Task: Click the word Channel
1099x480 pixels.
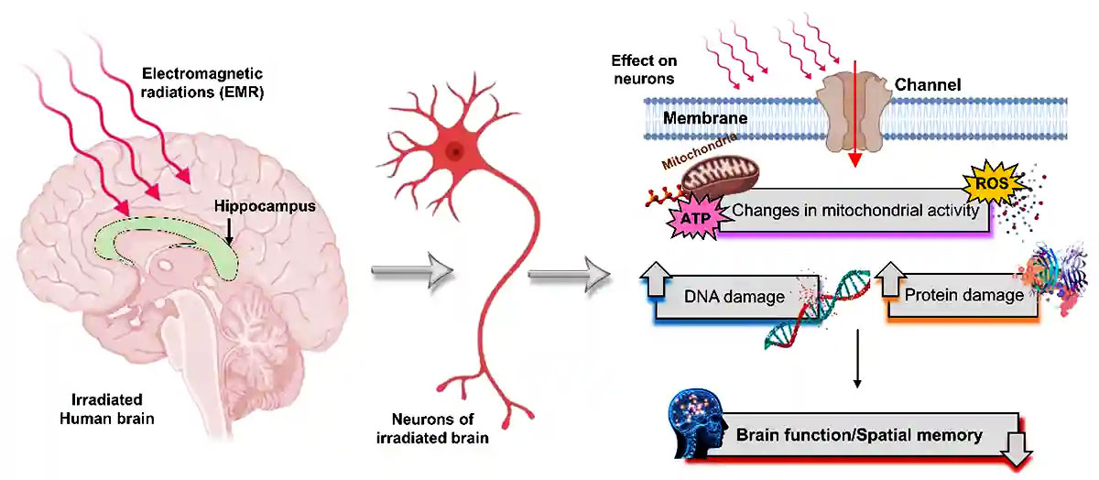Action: (x=929, y=86)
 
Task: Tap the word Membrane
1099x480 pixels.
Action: (x=705, y=118)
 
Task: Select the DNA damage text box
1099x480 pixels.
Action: (x=734, y=296)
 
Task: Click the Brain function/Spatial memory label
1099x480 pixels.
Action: (x=859, y=434)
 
